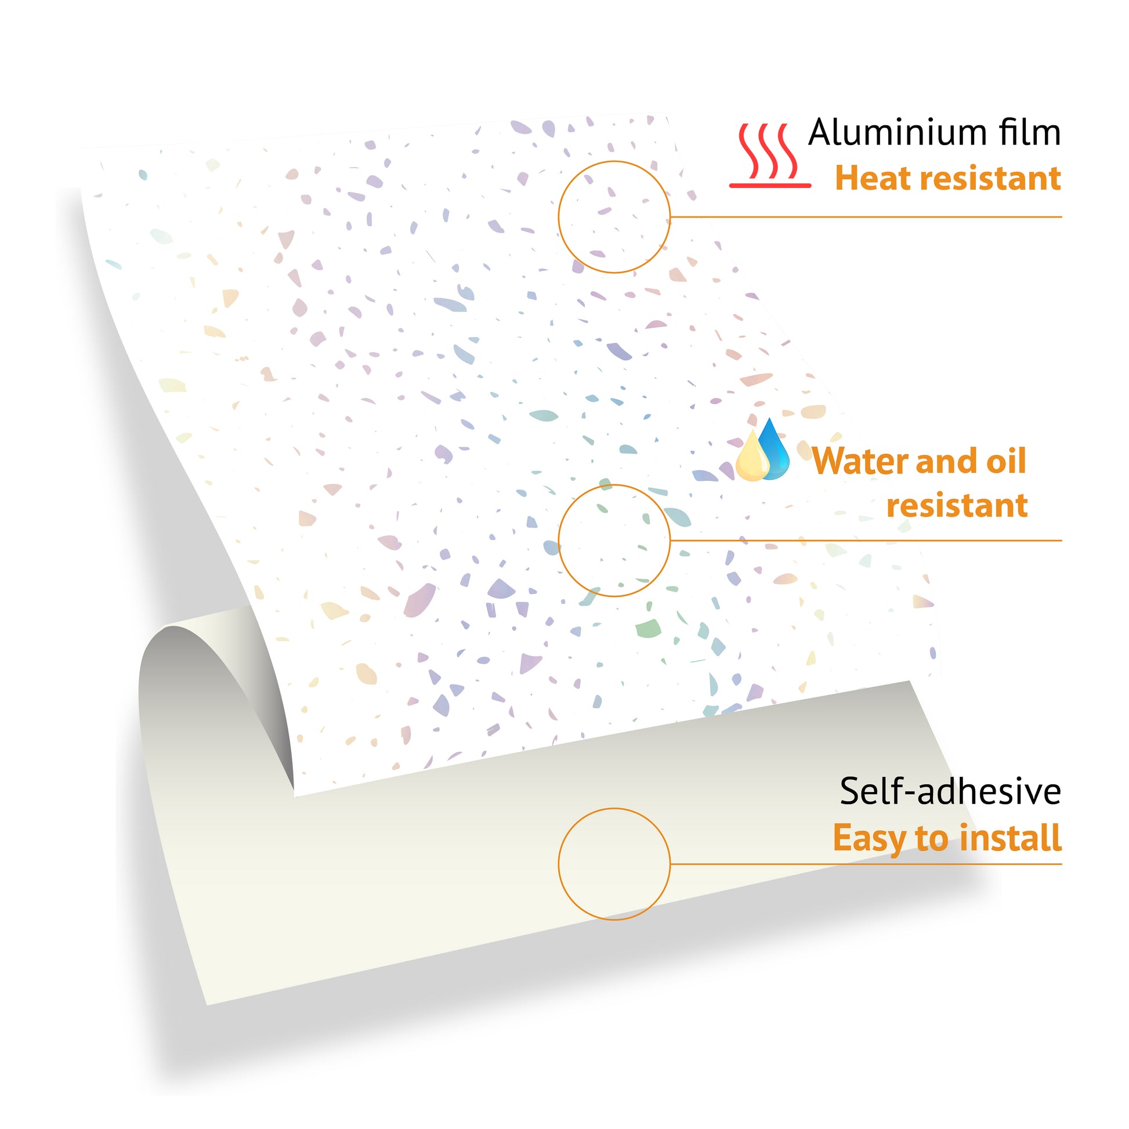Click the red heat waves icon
click(x=770, y=155)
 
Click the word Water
click(x=861, y=461)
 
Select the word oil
click(x=1005, y=461)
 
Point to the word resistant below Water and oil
click(x=957, y=505)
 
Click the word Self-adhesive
click(x=950, y=792)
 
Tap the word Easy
click(x=871, y=838)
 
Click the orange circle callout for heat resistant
click(x=559, y=217)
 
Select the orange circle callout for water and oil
click(x=559, y=541)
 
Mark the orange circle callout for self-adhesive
click(x=559, y=864)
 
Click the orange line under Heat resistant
click(x=866, y=217)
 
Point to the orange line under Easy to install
click(x=866, y=864)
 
